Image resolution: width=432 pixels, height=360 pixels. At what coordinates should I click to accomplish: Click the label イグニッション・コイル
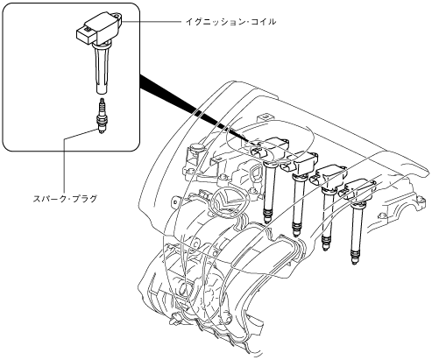[x=230, y=22]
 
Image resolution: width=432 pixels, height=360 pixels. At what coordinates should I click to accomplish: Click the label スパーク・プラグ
[x=65, y=199]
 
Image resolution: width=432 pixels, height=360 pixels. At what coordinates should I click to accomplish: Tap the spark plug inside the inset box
[x=102, y=116]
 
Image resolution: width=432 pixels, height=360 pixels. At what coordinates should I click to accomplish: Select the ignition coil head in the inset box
[x=99, y=28]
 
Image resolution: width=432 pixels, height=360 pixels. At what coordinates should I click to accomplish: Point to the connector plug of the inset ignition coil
[x=86, y=34]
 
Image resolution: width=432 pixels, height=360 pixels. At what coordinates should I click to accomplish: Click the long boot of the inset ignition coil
[x=101, y=69]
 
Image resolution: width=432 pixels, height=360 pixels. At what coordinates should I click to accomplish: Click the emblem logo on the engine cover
[x=226, y=201]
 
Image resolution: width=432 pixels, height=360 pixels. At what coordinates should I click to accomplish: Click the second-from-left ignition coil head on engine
[x=300, y=163]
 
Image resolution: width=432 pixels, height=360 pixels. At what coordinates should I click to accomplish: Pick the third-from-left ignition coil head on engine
[x=329, y=177]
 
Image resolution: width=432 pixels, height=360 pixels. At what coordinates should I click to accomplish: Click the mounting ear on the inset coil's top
[x=117, y=15]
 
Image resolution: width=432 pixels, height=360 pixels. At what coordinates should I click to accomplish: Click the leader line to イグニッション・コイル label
[x=152, y=22]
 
